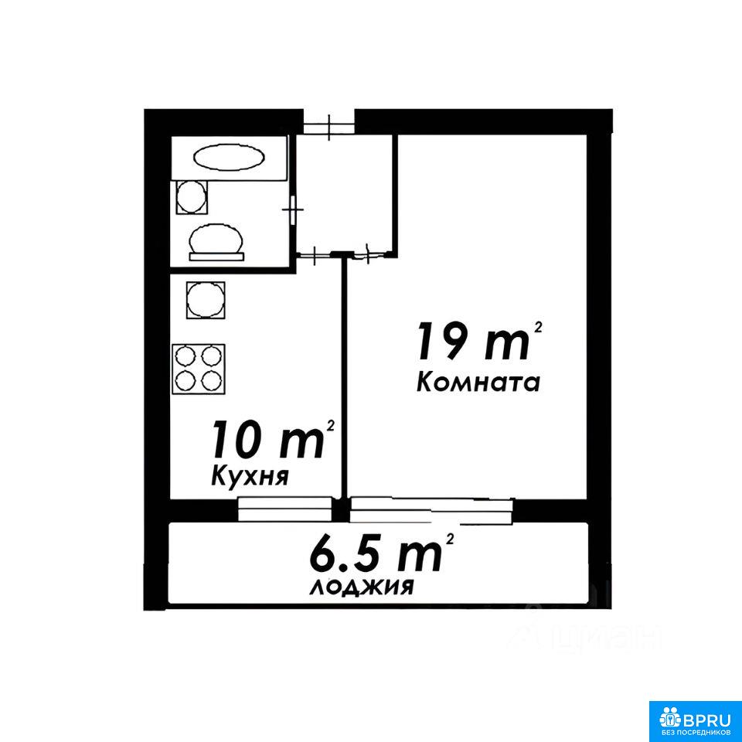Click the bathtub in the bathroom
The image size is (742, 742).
[229, 158]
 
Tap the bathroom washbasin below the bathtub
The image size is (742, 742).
[192, 197]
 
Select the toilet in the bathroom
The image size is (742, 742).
[216, 242]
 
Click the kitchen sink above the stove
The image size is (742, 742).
[206, 300]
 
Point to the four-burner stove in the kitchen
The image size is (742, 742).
[199, 369]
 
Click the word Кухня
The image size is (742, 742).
[250, 475]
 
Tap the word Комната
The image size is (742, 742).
[478, 383]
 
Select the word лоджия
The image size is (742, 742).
[362, 587]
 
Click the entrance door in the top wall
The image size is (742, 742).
[329, 128]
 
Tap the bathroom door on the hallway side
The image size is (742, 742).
[294, 209]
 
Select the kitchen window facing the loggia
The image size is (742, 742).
[285, 509]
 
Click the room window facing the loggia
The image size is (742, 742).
[431, 510]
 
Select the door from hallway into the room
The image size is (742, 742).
[369, 254]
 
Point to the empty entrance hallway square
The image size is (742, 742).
[346, 193]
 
